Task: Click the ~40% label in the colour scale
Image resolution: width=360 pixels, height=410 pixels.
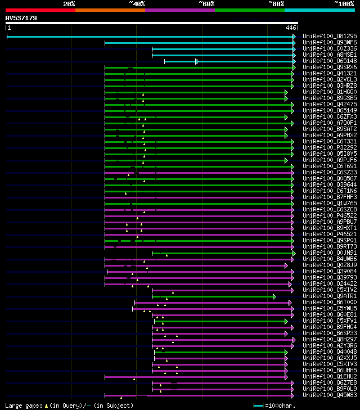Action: tap(137, 4)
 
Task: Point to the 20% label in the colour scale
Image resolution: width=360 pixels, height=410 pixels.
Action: tap(69, 4)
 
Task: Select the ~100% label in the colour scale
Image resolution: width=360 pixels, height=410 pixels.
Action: tap(344, 4)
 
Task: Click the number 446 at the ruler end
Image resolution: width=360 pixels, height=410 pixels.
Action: tap(291, 28)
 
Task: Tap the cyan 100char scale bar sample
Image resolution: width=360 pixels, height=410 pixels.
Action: tap(259, 406)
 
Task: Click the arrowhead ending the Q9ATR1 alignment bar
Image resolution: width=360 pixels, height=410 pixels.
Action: tap(274, 296)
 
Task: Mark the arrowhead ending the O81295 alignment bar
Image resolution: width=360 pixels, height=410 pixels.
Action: tap(294, 37)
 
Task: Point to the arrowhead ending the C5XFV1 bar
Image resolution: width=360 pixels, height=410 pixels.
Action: tap(286, 321)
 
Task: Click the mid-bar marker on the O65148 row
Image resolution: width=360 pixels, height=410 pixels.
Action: tap(196, 61)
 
